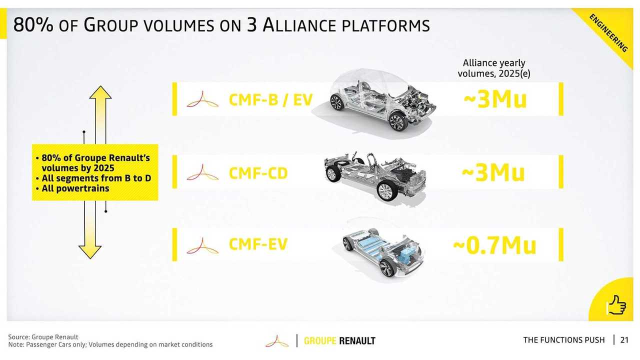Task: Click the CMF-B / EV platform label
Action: [271, 99]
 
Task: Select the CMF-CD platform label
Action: [258, 173]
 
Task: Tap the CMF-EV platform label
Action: [258, 244]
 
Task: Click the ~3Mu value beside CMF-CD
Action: [493, 173]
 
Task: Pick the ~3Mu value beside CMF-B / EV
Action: [495, 99]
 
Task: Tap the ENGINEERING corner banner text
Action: [608, 33]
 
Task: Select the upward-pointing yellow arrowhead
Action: [100, 92]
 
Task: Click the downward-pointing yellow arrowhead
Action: [90, 252]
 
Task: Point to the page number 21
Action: [624, 340]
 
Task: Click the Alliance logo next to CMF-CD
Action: [202, 172]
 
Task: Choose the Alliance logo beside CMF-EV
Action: [202, 245]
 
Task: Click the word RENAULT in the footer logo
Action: [357, 341]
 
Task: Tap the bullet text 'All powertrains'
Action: [75, 188]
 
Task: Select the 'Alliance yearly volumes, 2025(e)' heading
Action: [494, 68]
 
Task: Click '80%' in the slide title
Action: [33, 24]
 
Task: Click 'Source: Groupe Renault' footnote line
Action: [43, 337]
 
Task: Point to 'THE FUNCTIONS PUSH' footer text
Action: [564, 340]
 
